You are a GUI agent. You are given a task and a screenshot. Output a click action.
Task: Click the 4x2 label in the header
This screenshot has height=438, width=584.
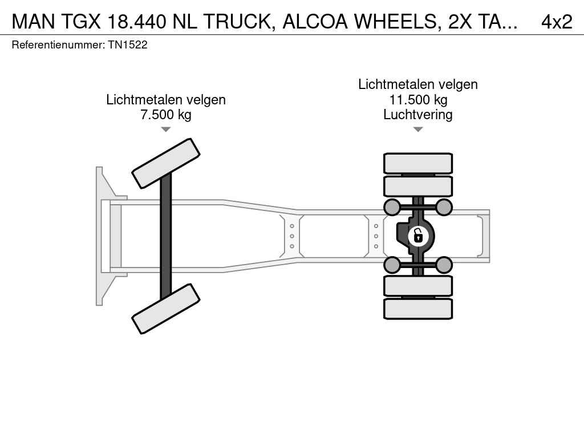[557, 22]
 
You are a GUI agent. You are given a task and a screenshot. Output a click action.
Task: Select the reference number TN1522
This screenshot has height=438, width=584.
[128, 45]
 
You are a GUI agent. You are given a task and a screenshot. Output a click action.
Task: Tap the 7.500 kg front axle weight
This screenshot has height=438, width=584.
[166, 115]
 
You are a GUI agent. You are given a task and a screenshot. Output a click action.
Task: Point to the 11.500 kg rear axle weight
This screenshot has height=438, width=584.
[418, 100]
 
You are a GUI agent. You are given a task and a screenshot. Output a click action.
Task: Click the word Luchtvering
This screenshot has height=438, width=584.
[418, 115]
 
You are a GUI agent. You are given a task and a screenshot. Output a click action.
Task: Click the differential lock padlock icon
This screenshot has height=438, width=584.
[418, 236]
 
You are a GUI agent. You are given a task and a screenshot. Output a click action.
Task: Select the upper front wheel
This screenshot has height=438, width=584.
[166, 164]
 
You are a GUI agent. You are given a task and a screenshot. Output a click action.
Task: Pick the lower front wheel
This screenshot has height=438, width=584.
[166, 309]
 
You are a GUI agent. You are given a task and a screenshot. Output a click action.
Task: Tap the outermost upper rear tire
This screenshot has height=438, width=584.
[418, 163]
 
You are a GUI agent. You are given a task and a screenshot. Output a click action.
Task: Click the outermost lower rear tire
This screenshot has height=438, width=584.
[418, 309]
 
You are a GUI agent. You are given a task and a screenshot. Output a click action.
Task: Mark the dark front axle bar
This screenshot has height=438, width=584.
[166, 236]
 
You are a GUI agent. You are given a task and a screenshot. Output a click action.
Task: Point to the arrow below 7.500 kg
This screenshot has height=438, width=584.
[166, 129]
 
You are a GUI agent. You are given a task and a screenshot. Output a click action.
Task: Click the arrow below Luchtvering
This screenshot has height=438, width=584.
[418, 129]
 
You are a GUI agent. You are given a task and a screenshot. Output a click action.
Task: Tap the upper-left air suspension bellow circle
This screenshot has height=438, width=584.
[392, 207]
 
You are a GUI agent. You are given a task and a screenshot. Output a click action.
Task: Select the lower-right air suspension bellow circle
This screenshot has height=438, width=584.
[444, 265]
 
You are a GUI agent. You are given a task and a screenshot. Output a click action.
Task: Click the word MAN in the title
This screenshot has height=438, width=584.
[34, 22]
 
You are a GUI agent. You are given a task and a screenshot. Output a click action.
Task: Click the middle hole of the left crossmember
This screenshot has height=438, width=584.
[292, 236]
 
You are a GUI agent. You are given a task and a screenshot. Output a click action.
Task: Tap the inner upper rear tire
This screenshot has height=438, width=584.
[418, 186]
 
